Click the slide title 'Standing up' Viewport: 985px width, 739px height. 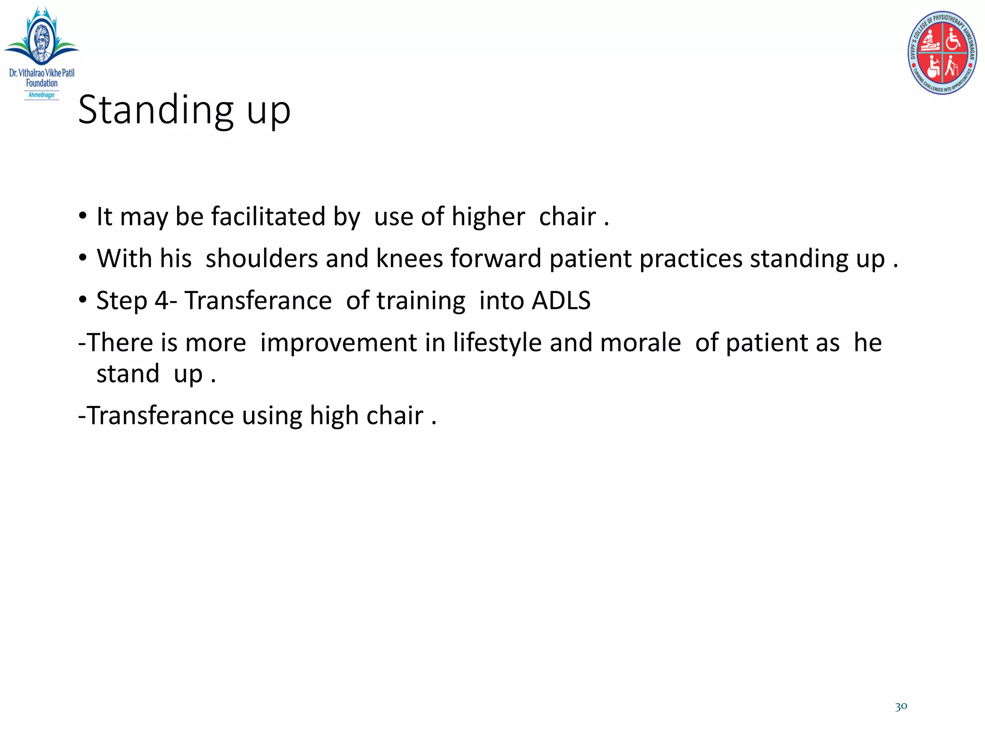(x=184, y=110)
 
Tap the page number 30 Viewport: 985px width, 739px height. (x=901, y=706)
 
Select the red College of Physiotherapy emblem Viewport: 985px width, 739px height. (x=942, y=52)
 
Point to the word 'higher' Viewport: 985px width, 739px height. (x=488, y=217)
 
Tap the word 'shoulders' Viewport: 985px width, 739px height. (x=261, y=258)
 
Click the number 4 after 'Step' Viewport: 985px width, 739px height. (x=161, y=301)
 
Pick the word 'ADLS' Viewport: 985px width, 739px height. (x=561, y=301)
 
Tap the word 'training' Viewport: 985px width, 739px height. (x=420, y=301)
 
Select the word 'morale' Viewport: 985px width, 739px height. (x=640, y=343)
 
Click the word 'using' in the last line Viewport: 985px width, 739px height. (x=272, y=415)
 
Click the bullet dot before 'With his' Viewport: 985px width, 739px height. (x=83, y=258)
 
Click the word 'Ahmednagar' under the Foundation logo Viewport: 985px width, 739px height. (x=41, y=95)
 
